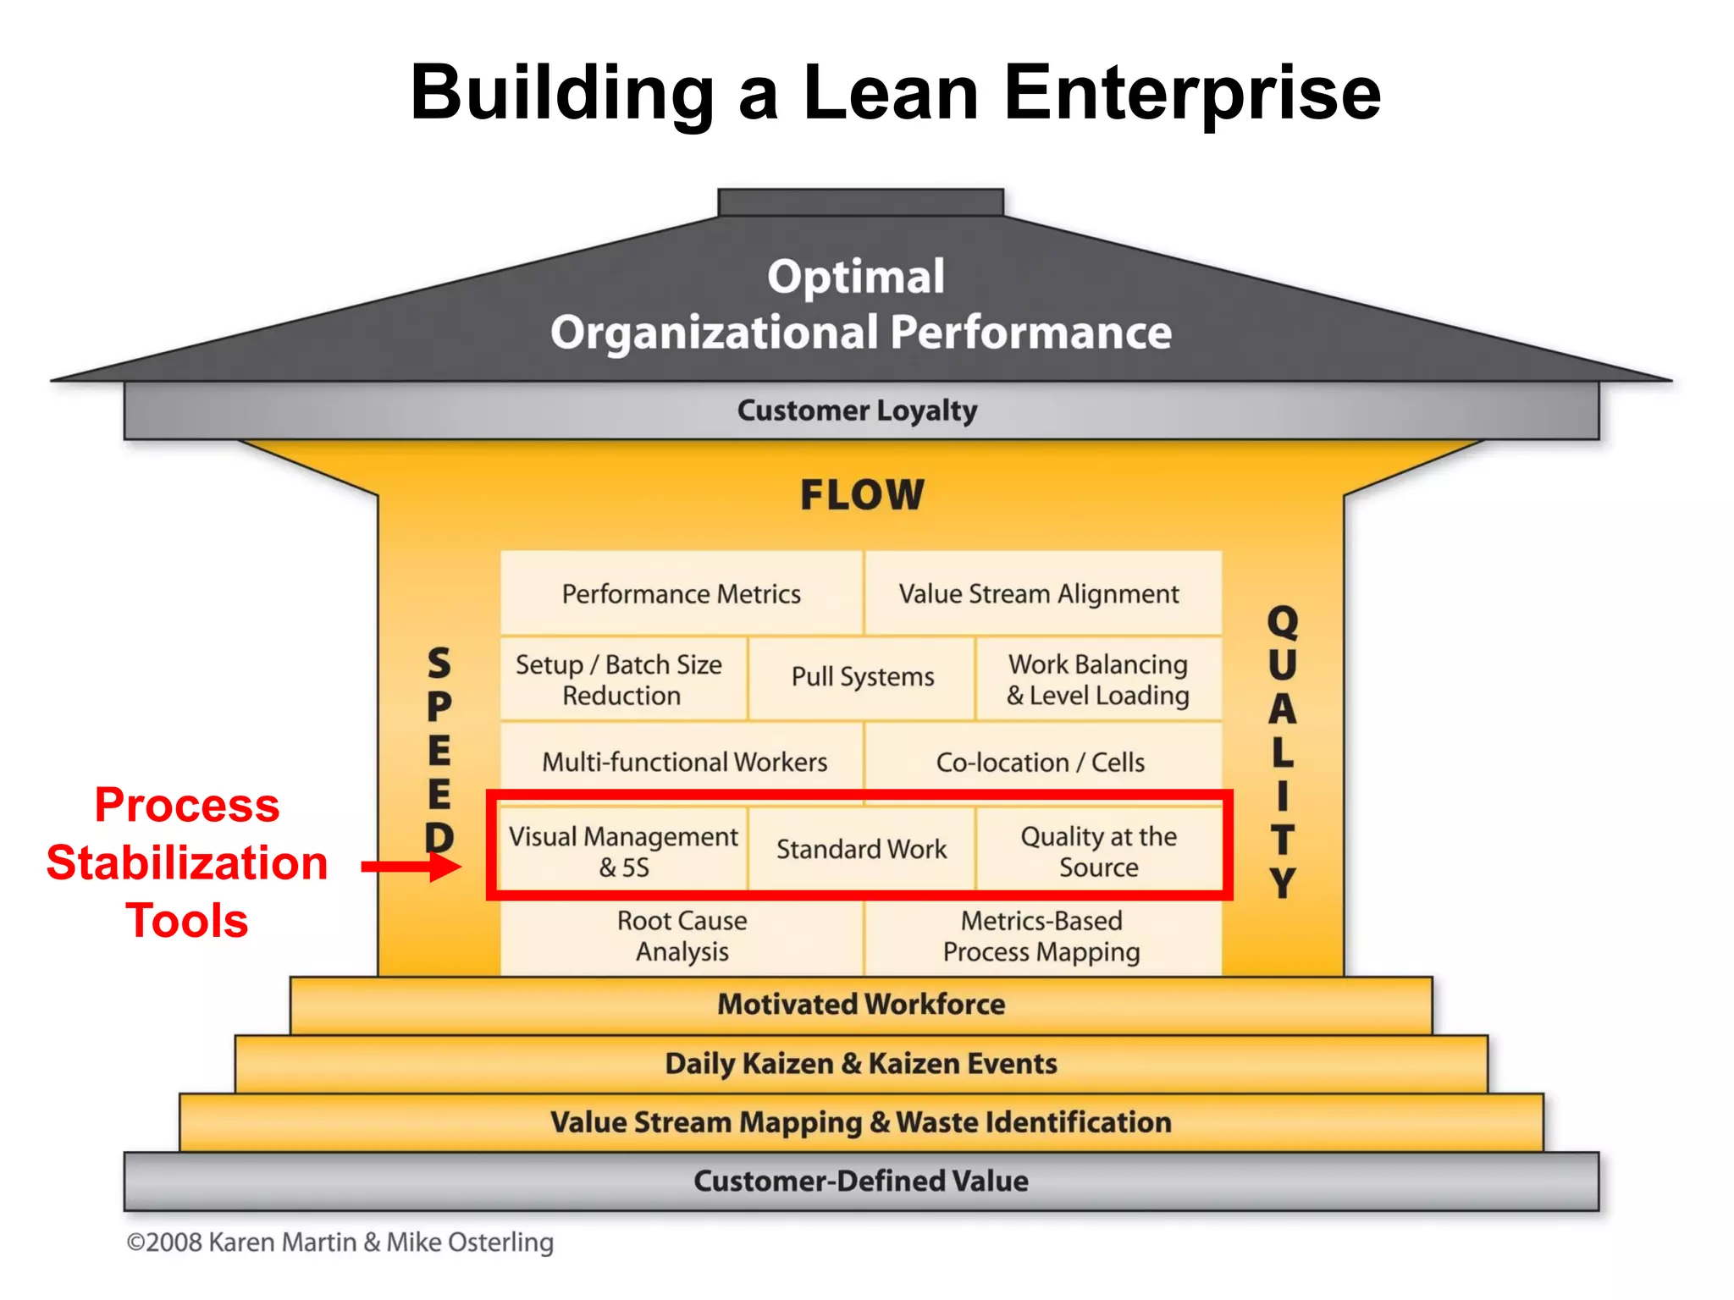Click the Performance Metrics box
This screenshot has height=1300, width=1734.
click(x=681, y=593)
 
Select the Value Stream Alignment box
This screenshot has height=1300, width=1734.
click(x=1041, y=593)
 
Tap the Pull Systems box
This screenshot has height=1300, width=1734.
click(x=862, y=677)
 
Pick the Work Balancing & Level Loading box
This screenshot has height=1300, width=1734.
click(x=1097, y=679)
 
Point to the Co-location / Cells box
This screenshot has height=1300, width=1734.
click(x=1041, y=761)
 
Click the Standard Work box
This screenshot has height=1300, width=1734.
click(x=861, y=849)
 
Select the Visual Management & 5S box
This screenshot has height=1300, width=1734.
click(x=623, y=851)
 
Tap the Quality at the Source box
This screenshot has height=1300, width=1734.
click(x=1097, y=851)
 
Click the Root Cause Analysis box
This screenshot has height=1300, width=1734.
click(x=682, y=935)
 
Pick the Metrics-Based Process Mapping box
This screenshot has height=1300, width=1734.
click(x=1041, y=935)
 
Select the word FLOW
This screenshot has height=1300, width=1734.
click(x=862, y=495)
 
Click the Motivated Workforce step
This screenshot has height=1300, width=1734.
click(x=861, y=1005)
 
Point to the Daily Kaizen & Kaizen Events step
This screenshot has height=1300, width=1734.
click(x=861, y=1064)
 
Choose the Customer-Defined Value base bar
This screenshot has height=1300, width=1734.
click(x=861, y=1181)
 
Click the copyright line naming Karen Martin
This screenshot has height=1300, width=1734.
click(x=340, y=1242)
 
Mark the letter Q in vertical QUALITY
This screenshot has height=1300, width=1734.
click(x=1282, y=623)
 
